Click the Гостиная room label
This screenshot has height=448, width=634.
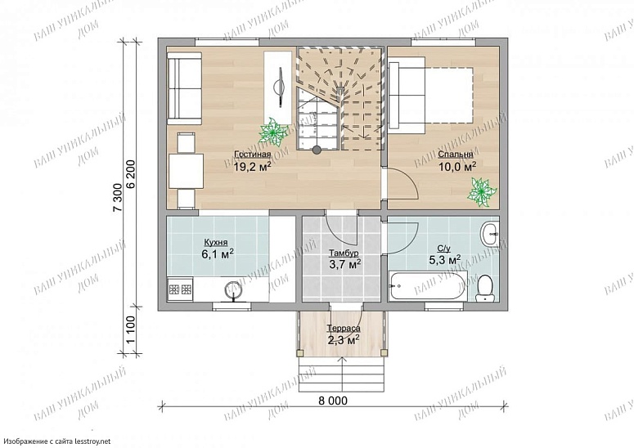click(252, 155)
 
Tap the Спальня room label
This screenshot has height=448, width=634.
click(456, 155)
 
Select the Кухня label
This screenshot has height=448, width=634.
click(215, 242)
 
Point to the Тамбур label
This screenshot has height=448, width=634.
click(344, 253)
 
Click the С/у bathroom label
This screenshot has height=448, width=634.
click(444, 249)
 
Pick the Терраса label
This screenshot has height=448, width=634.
click(344, 329)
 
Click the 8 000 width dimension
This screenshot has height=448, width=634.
click(333, 401)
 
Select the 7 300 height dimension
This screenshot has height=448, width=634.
click(117, 198)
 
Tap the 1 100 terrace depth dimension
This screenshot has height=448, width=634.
click(131, 329)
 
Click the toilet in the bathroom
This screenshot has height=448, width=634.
click(484, 289)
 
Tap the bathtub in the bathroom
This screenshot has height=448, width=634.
click(427, 286)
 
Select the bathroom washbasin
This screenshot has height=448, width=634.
click(490, 233)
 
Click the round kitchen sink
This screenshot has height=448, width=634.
click(234, 289)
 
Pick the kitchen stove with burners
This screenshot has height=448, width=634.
click(180, 289)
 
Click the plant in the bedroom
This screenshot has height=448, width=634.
click(481, 192)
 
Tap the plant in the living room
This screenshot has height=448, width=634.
click(273, 132)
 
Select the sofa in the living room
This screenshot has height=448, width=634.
click(184, 88)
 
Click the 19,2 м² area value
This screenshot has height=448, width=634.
click(252, 167)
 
